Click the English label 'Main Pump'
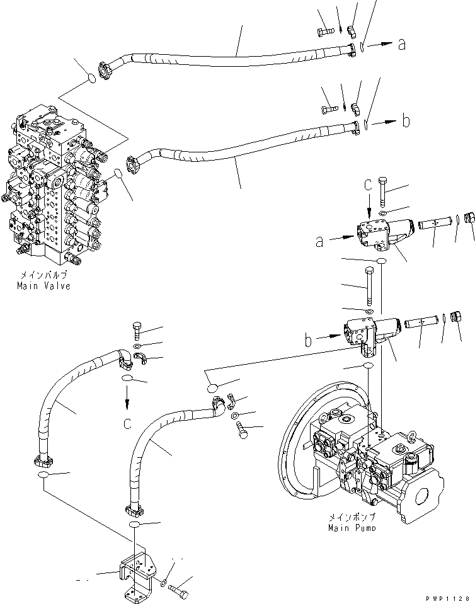pyautogui.click(x=352, y=528)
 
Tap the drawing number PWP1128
pyautogui.click(x=449, y=597)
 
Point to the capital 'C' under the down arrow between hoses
pyautogui.click(x=127, y=424)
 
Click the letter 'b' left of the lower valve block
pyautogui.click(x=309, y=341)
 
